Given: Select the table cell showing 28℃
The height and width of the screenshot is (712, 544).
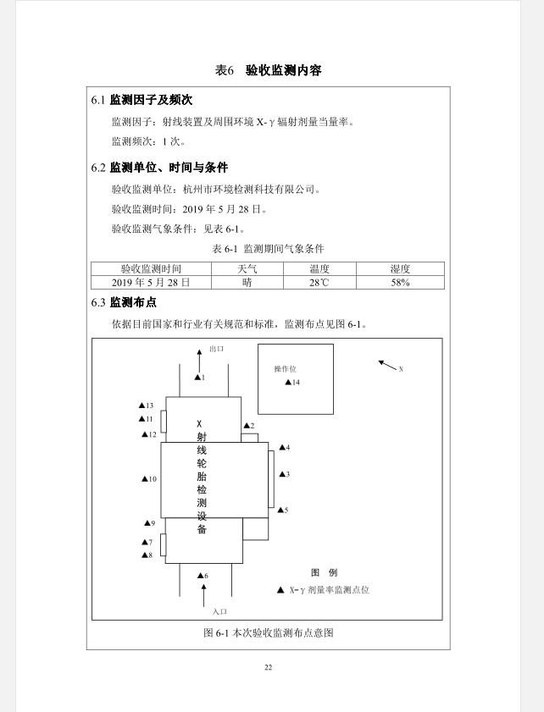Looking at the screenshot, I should tap(319, 283).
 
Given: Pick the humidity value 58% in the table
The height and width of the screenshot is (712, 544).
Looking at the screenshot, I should tap(400, 283).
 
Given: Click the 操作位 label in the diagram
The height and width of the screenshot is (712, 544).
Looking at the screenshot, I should tap(285, 369).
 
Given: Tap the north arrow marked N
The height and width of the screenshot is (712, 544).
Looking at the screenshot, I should tap(389, 366).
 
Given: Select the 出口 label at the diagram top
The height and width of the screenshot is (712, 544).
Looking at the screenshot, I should tap(216, 349).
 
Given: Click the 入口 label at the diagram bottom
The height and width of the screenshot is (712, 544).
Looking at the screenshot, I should tap(219, 611).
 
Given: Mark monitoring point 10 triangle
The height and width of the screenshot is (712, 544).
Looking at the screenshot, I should tap(145, 479).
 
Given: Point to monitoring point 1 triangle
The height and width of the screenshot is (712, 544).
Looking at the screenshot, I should tap(197, 378).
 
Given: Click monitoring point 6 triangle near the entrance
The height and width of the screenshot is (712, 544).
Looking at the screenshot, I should tap(200, 576).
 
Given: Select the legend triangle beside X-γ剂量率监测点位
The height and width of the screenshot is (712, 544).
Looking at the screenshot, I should tap(280, 589).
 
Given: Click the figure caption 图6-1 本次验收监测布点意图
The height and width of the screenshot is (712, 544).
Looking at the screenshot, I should tap(268, 633).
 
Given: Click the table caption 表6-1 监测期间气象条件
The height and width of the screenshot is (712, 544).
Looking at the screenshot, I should tap(268, 249).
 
